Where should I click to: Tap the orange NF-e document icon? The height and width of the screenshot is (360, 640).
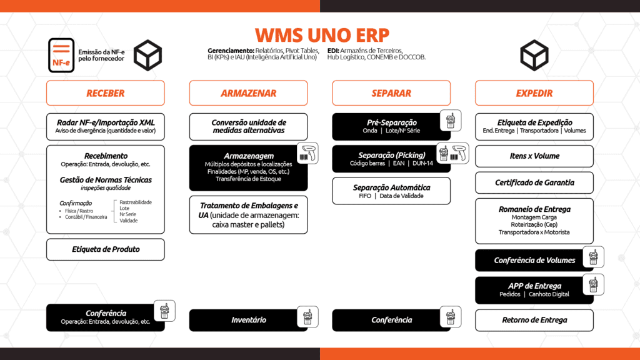[x=61, y=55]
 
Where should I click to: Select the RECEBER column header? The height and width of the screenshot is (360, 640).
[x=105, y=93]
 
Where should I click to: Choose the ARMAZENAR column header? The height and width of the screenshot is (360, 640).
[x=248, y=93]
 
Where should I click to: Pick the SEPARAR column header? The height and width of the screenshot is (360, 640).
[x=391, y=93]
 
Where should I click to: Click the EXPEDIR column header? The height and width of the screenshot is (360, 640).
[x=534, y=93]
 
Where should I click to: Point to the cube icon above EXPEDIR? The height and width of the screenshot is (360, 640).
[x=534, y=55]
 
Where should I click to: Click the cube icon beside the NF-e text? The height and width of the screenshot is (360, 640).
[x=148, y=55]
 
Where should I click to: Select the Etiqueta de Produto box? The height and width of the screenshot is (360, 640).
[x=105, y=249]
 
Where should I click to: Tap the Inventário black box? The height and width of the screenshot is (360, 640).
[x=248, y=320]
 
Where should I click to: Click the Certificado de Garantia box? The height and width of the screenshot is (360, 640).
[x=534, y=182]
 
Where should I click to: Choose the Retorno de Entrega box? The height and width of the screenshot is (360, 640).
[x=534, y=320]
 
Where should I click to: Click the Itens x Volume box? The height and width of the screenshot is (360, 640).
[x=534, y=156]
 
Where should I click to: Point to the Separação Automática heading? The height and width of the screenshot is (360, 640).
[x=391, y=187]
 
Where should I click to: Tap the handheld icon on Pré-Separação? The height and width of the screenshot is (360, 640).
[x=449, y=120]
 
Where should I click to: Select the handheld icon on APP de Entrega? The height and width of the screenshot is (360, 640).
[x=592, y=284]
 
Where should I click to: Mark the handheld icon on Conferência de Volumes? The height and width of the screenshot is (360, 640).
[x=592, y=257]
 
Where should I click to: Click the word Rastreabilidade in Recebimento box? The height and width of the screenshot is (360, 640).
[x=136, y=202]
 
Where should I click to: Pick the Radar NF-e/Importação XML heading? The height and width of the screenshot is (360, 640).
[x=105, y=122]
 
